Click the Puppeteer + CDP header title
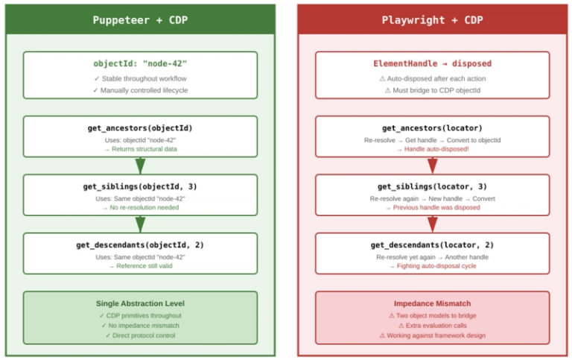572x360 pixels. pyautogui.click(x=140, y=20)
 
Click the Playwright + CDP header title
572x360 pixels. pyautogui.click(x=432, y=20)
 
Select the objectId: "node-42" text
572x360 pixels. pyautogui.click(x=140, y=63)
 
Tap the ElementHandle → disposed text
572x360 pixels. pyautogui.click(x=432, y=63)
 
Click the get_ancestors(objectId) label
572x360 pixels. pyautogui.click(x=140, y=128)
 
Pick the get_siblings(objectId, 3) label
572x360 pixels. pyautogui.click(x=140, y=186)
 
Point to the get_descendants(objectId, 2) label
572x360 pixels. pyautogui.click(x=140, y=244)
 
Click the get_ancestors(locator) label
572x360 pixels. pyautogui.click(x=432, y=128)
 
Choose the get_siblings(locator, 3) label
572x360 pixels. pyautogui.click(x=432, y=186)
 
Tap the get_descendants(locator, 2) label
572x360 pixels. pyautogui.click(x=432, y=244)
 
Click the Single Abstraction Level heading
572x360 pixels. pyautogui.click(x=140, y=303)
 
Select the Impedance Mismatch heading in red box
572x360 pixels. pyautogui.click(x=432, y=303)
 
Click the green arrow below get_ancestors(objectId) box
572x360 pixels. pyautogui.click(x=140, y=165)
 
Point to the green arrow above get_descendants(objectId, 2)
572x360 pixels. pyautogui.click(x=140, y=224)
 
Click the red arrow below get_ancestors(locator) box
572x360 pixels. pyautogui.click(x=432, y=165)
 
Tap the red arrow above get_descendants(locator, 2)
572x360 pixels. pyautogui.click(x=432, y=224)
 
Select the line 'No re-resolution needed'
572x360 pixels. pyautogui.click(x=142, y=207)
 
